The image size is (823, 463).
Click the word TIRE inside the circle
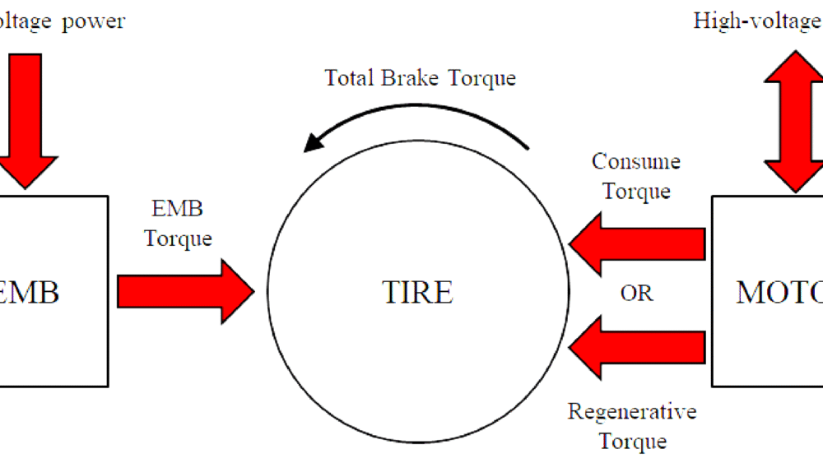(x=417, y=293)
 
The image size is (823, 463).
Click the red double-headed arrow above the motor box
(x=794, y=119)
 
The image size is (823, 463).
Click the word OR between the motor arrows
(x=636, y=294)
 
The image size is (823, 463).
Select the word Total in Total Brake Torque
(x=352, y=78)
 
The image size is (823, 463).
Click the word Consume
(x=636, y=161)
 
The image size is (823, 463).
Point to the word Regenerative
(x=632, y=411)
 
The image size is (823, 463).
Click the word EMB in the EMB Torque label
(x=177, y=209)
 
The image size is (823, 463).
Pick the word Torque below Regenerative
(x=632, y=441)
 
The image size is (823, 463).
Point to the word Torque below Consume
(x=636, y=191)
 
